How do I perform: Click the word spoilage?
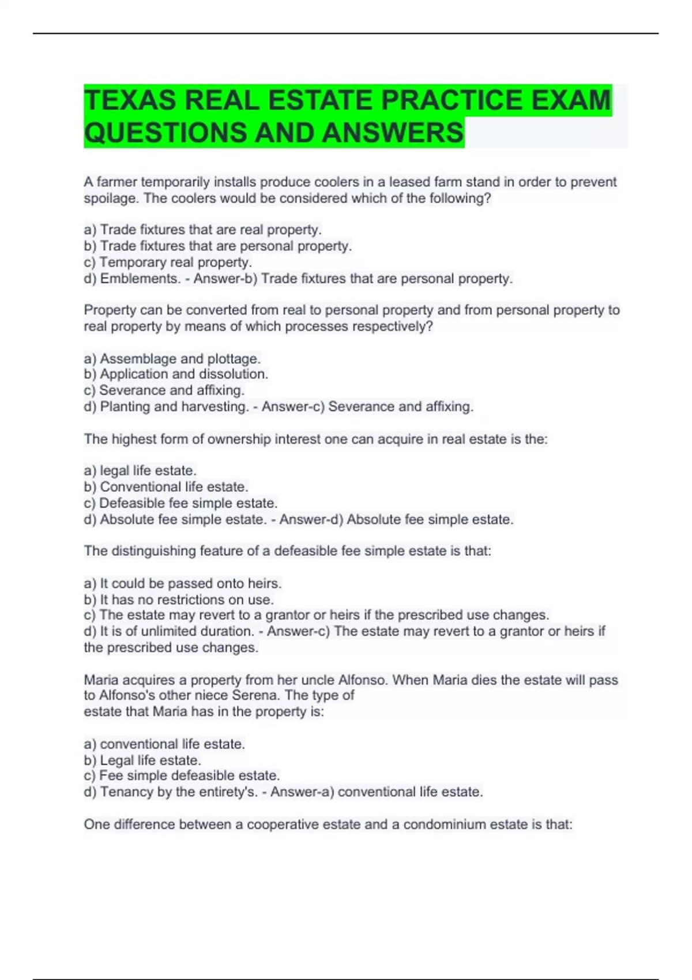tap(110, 198)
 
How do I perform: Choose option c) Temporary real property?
tap(168, 262)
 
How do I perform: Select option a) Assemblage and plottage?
tap(172, 359)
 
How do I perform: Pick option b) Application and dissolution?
tap(176, 374)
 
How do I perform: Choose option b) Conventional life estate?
tap(166, 487)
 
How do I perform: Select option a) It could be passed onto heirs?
tap(183, 583)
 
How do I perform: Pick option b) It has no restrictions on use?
tap(179, 600)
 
